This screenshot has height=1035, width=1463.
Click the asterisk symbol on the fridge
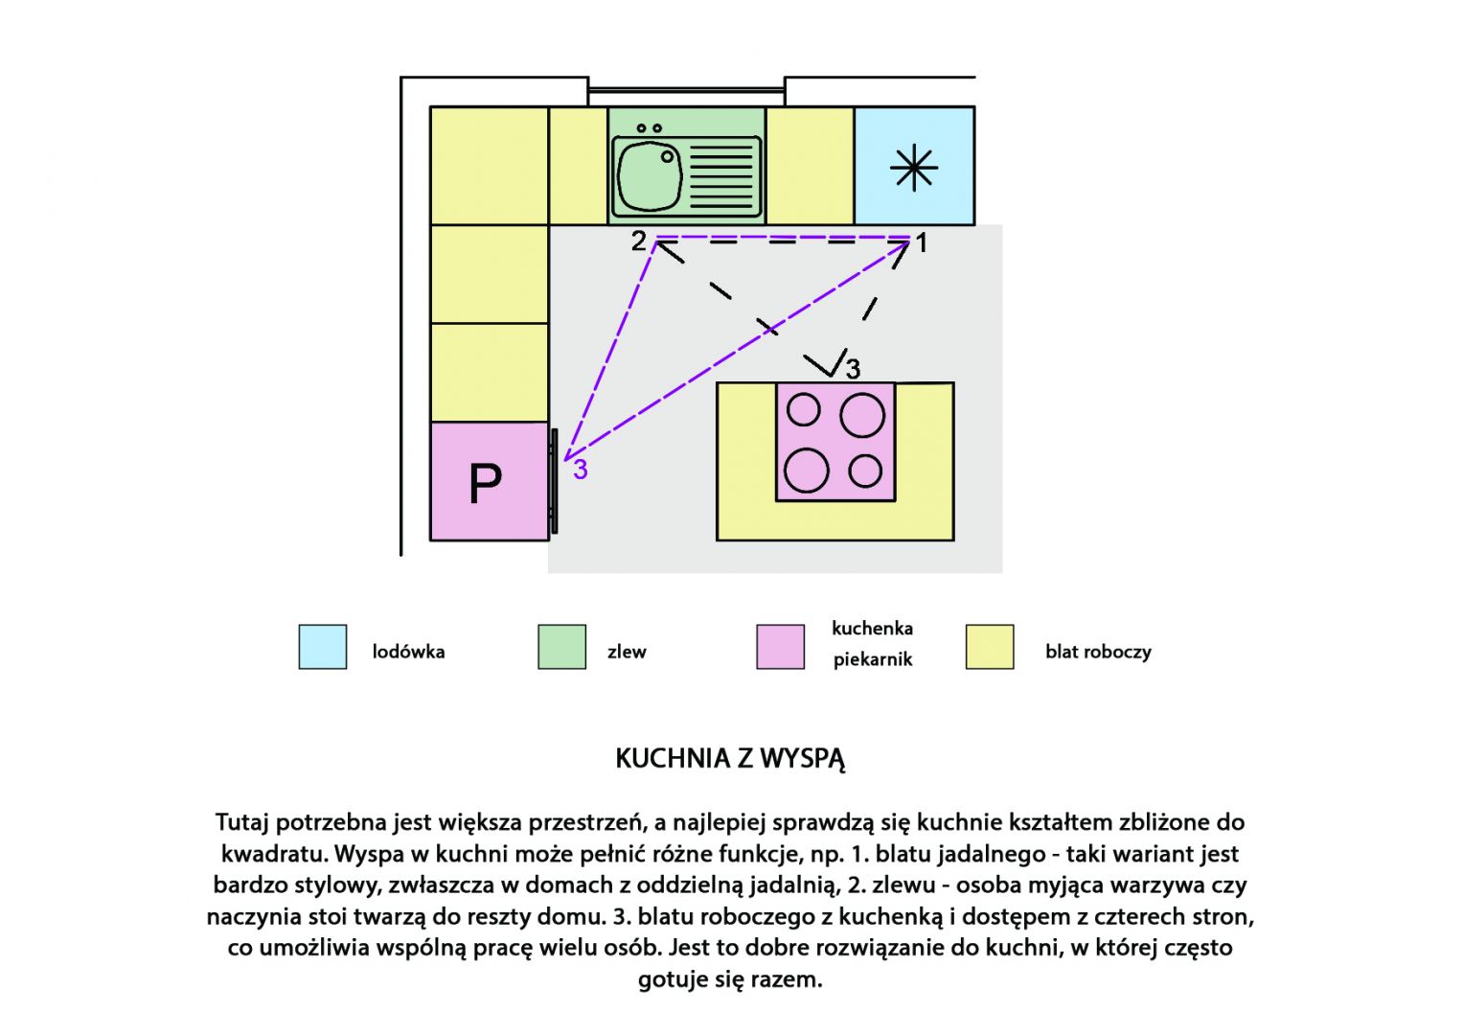(x=914, y=168)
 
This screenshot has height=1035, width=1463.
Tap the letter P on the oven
(x=486, y=484)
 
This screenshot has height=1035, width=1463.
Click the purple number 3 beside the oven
(x=580, y=470)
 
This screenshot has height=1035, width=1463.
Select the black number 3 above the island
(x=853, y=369)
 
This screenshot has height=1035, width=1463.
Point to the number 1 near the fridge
(x=922, y=243)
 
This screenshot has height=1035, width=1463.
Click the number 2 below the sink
(x=638, y=241)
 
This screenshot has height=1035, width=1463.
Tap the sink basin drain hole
(x=667, y=157)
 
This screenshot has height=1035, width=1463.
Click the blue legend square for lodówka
(x=323, y=646)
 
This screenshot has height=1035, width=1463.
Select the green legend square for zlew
(x=561, y=646)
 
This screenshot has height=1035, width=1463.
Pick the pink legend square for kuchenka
(x=781, y=646)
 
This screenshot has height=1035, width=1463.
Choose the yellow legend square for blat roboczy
(x=990, y=646)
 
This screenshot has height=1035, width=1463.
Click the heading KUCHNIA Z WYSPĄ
(x=730, y=759)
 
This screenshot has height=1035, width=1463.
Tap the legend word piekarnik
(x=873, y=660)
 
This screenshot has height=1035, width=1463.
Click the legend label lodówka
(x=408, y=652)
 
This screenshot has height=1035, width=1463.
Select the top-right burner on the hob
(x=862, y=415)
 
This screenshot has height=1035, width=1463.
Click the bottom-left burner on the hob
(x=807, y=471)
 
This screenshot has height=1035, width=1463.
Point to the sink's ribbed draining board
(x=721, y=176)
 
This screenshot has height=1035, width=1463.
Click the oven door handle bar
(x=555, y=481)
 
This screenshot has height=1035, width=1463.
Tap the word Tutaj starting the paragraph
(x=241, y=822)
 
